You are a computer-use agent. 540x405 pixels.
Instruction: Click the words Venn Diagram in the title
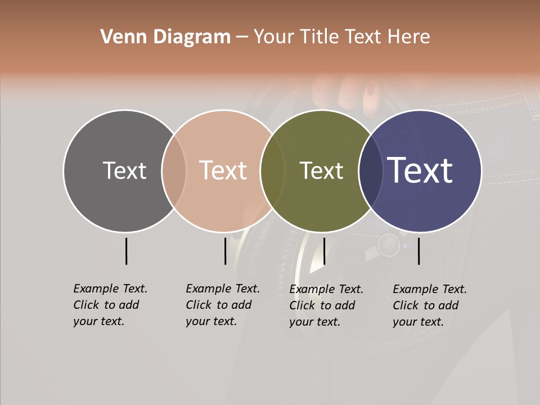coord(165,37)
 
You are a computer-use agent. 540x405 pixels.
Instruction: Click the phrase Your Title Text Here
coord(341,37)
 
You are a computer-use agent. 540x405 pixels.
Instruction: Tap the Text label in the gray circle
coord(124,170)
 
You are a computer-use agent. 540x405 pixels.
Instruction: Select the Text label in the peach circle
coord(223,170)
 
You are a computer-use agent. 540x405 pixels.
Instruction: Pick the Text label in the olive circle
coord(321,170)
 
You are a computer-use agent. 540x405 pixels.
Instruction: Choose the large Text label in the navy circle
coord(420,170)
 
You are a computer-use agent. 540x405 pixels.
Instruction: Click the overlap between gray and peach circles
coord(174,171)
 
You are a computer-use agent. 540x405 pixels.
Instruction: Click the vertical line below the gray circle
coord(126,251)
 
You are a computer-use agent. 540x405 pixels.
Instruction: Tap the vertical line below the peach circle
coord(225,251)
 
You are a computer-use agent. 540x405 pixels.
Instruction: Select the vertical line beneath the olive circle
coord(324,251)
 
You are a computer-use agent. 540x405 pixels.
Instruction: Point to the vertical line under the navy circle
coord(418,251)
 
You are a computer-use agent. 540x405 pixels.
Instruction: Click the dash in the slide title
coord(241,38)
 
